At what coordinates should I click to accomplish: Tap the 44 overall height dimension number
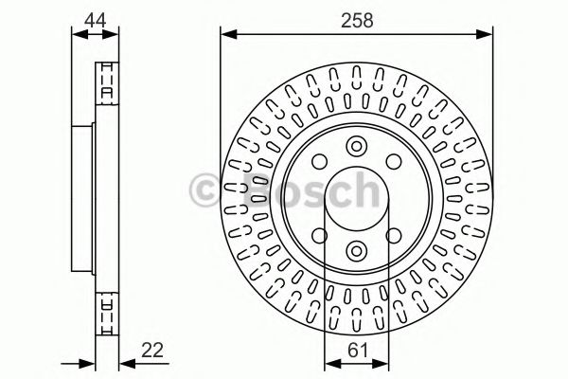(96, 17)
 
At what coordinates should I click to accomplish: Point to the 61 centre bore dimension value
(356, 349)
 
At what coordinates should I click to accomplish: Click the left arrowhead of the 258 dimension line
(225, 34)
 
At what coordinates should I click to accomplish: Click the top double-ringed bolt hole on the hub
(356, 146)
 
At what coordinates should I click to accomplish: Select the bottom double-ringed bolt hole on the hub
(356, 250)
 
